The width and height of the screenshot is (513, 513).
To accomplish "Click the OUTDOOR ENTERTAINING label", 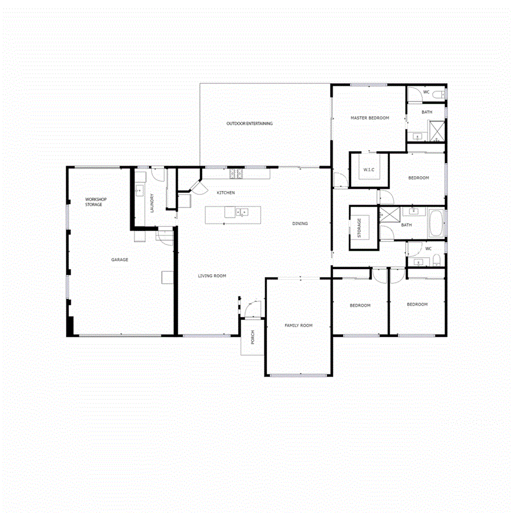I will pos(249,124).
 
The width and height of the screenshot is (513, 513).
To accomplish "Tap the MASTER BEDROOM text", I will pos(369,118).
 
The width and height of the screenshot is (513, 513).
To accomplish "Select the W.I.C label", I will pos(368,170).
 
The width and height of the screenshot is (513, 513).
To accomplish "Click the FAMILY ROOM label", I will pos(299,325).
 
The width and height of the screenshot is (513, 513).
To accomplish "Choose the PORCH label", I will pos(253,338).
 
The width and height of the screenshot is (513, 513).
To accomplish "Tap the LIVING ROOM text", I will pos(212,276).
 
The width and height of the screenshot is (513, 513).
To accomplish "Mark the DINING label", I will pos(300,223).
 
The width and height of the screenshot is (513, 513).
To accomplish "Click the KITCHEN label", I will pos(226,193).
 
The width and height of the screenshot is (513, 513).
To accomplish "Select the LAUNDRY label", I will pos(152,203).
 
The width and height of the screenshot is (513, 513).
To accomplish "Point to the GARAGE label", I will pos(120,260).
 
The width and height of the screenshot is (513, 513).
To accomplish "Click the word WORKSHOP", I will pos(96,199).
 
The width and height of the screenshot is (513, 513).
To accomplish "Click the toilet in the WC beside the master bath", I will pos(438,93).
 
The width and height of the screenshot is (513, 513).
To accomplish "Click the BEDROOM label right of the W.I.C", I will pos(418,178).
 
